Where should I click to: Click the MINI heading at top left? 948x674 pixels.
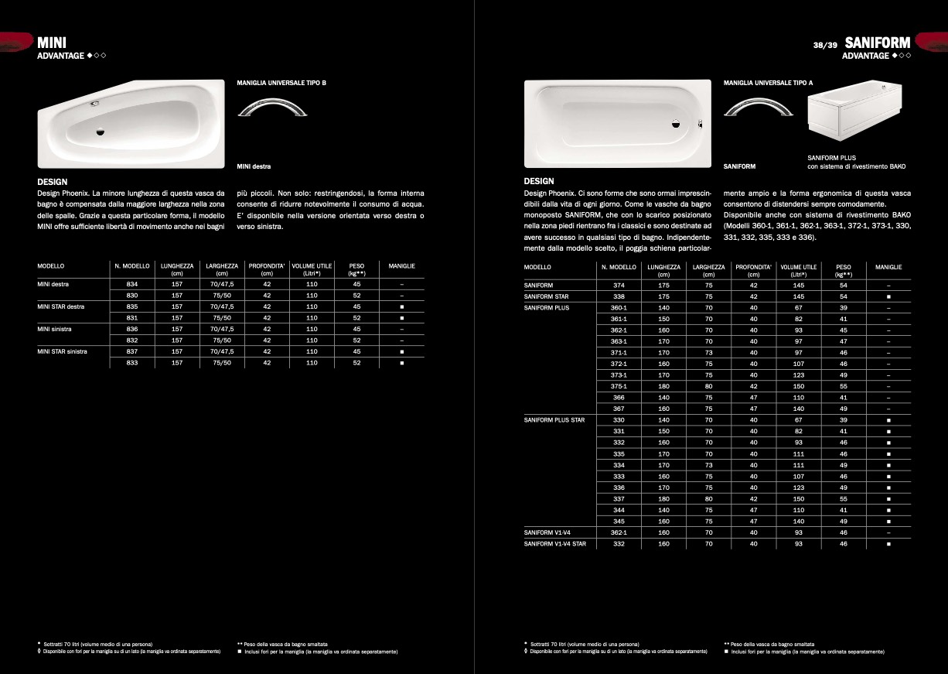tap(52, 43)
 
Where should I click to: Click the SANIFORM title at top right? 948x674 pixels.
tap(878, 43)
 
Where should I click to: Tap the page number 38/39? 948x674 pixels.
tap(825, 45)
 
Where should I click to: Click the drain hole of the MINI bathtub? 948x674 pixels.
tap(100, 132)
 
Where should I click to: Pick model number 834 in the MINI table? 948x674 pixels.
tap(131, 285)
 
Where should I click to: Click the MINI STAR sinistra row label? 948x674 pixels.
tap(62, 351)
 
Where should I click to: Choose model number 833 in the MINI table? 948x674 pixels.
tap(131, 363)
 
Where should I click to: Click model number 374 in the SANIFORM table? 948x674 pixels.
tap(619, 286)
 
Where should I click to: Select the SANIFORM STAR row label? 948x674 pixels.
tap(547, 296)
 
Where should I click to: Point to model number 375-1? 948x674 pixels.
tap(619, 386)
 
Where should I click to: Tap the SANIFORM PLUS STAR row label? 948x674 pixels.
tap(554, 420)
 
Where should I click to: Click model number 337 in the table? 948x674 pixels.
tap(619, 499)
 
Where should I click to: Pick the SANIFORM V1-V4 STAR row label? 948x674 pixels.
tap(554, 544)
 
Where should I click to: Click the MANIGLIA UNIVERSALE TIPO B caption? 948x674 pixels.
tap(281, 82)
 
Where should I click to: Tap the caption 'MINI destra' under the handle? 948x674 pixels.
tap(254, 166)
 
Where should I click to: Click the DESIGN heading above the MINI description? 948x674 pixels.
tap(53, 182)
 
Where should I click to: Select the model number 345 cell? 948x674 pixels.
tap(619, 522)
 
